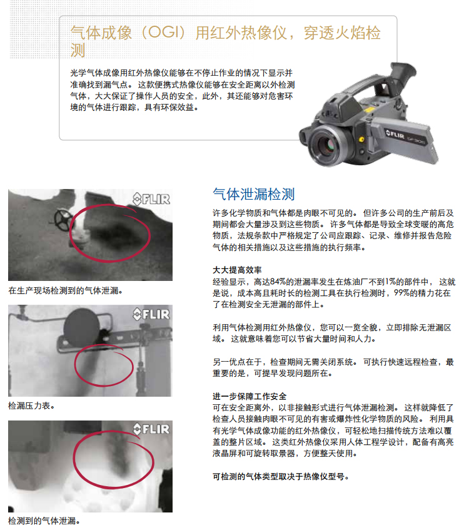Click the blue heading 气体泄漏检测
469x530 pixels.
(x=254, y=195)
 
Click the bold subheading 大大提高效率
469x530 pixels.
(x=237, y=270)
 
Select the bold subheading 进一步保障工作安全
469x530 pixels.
(x=250, y=396)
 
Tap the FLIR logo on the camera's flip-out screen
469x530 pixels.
(x=395, y=135)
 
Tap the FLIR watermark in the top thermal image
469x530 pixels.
(x=151, y=199)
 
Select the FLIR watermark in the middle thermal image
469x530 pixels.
(x=151, y=314)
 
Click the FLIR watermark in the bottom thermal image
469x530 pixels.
(x=151, y=429)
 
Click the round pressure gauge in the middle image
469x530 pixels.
(x=82, y=327)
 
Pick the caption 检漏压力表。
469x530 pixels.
(x=31, y=405)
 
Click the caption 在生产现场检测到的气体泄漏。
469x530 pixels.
(x=65, y=290)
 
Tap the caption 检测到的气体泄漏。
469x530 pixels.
(x=44, y=521)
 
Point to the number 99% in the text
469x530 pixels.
(x=402, y=293)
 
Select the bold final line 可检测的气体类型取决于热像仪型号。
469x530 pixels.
(x=280, y=477)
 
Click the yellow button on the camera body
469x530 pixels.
(x=361, y=139)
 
